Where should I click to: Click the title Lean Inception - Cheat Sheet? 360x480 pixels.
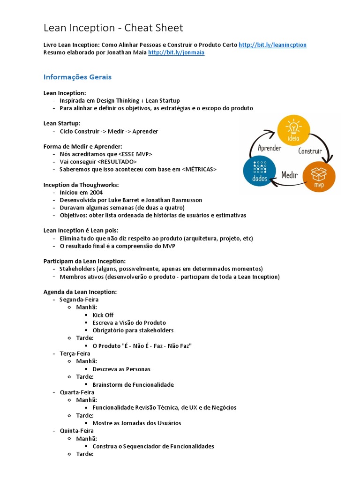[x=113, y=28]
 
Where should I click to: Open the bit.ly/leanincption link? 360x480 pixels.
[x=272, y=45]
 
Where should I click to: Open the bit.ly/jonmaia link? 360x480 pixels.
[x=176, y=52]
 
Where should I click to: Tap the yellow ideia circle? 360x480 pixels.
[x=294, y=131]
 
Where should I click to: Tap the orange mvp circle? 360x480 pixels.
[x=319, y=177]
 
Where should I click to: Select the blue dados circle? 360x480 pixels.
[x=259, y=172]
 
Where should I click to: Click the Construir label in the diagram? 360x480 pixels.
[x=310, y=151]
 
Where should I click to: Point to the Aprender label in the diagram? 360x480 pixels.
[x=270, y=148]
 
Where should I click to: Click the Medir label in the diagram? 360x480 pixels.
[x=290, y=175]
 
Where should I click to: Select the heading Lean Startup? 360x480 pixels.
[x=62, y=123]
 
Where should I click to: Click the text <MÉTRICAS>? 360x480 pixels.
[x=199, y=169]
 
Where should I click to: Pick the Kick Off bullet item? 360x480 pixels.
[x=103, y=315]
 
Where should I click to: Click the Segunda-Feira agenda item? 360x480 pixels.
[x=79, y=300]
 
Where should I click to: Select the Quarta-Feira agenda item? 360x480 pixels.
[x=77, y=392]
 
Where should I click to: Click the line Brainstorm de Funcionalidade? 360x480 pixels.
[x=133, y=384]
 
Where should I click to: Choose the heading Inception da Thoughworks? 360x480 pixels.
[x=81, y=185]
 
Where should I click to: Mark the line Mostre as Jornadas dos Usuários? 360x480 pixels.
[x=136, y=423]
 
